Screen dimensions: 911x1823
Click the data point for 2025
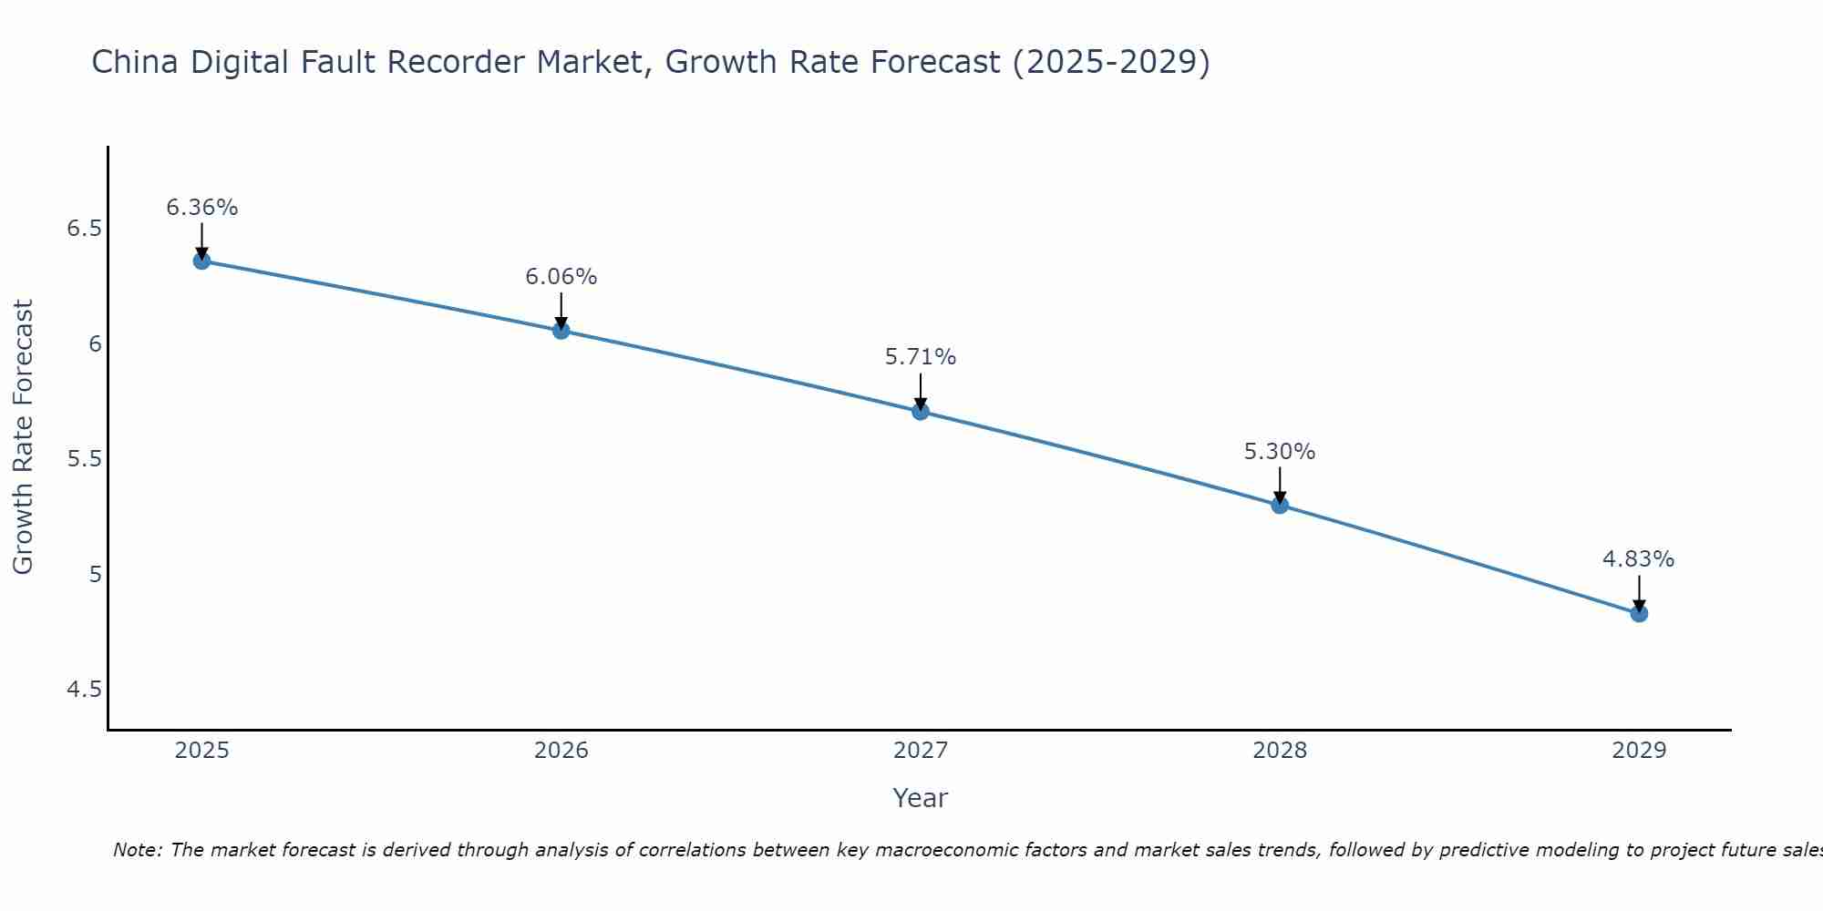[x=201, y=261]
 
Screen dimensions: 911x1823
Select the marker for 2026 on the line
[x=561, y=330]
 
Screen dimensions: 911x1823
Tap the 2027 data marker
[x=920, y=411]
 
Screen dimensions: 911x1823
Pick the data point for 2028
[x=1279, y=505]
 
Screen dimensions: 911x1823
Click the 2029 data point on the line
[x=1638, y=613]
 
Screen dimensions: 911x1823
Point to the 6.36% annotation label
[x=201, y=208]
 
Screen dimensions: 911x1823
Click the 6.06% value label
[x=561, y=277]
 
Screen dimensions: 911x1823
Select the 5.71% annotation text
[x=920, y=357]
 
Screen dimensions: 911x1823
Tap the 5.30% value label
[x=1279, y=452]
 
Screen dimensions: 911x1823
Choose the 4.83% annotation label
[x=1638, y=559]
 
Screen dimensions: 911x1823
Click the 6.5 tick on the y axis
[x=84, y=229]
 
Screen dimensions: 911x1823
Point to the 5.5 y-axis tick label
[x=84, y=459]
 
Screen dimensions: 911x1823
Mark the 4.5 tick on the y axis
[x=84, y=690]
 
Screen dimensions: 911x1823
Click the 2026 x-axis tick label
[x=561, y=751]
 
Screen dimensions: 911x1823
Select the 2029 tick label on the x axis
[x=1638, y=751]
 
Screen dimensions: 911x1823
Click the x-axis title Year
[x=920, y=798]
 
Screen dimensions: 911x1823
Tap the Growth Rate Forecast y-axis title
[x=23, y=437]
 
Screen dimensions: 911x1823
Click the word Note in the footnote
[x=135, y=850]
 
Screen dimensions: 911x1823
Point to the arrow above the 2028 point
[x=1279, y=485]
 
